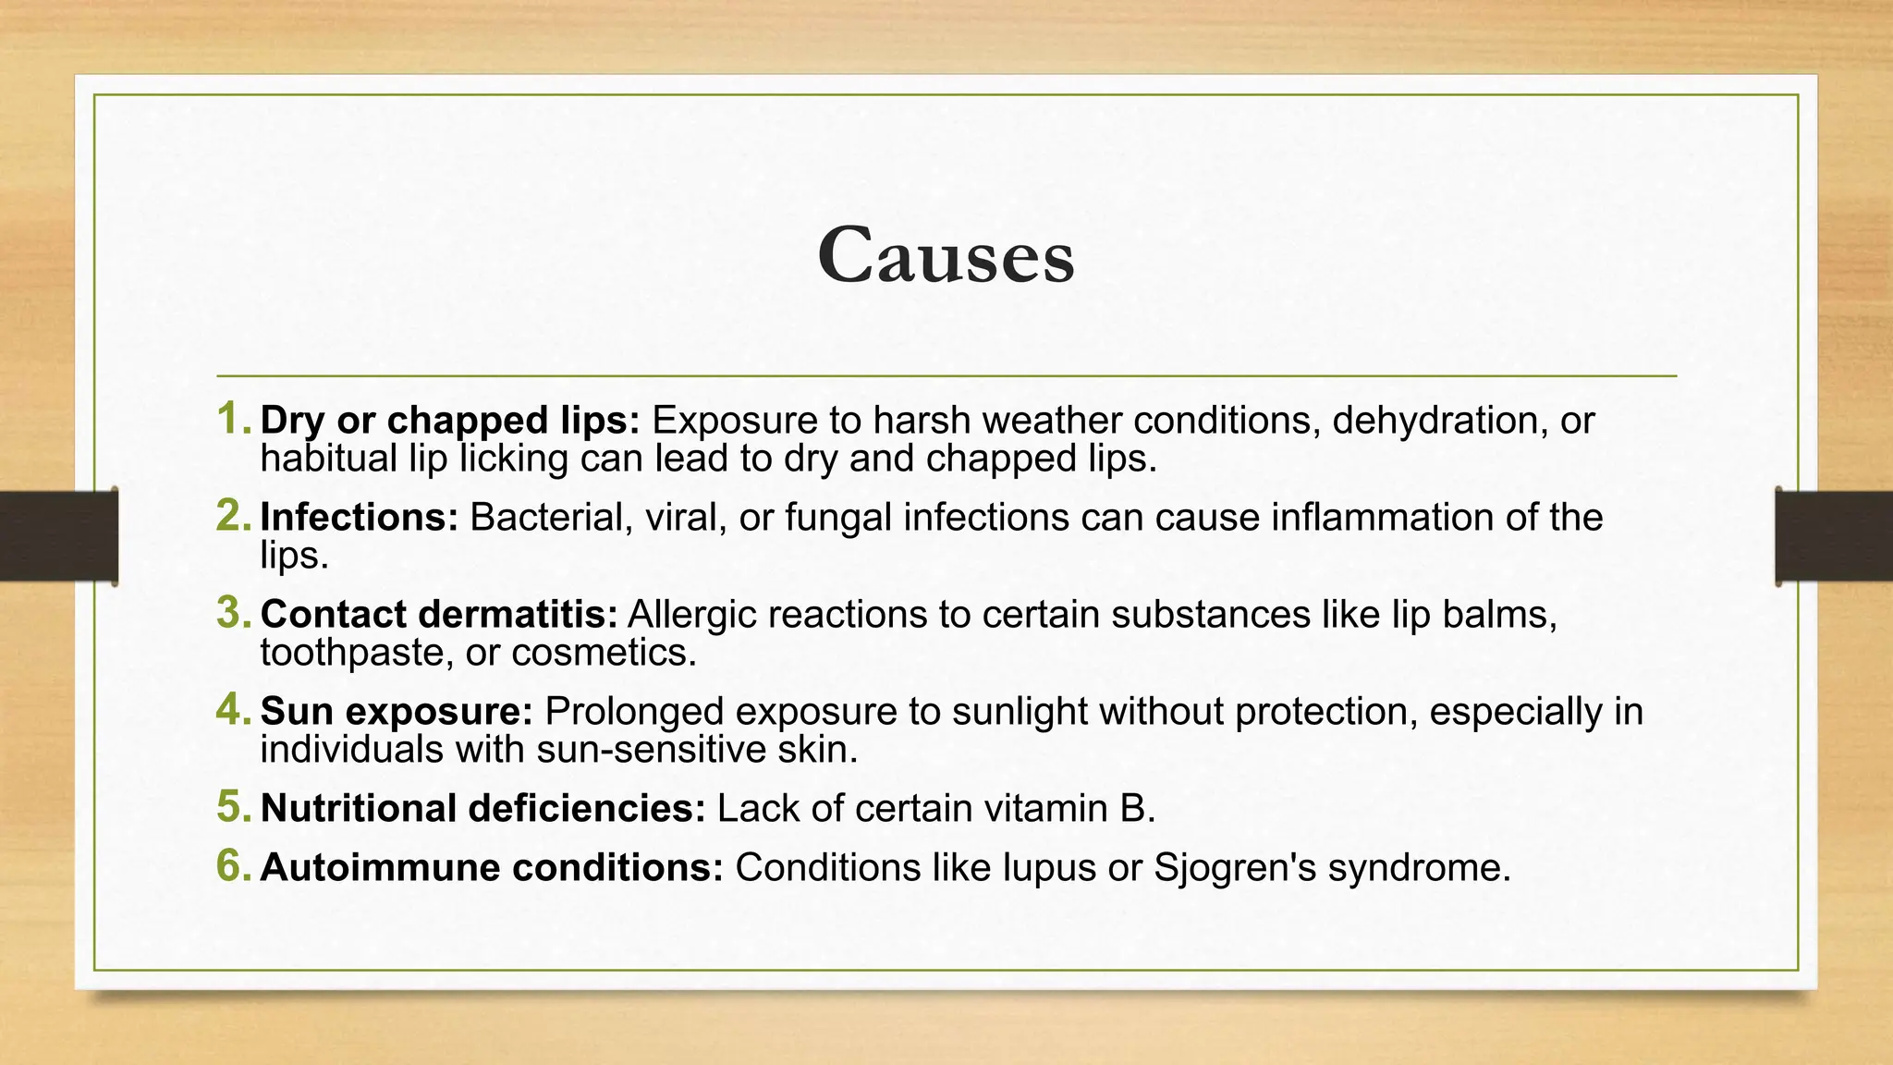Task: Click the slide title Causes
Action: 946,255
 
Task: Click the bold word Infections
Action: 359,517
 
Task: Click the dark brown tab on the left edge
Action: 58,536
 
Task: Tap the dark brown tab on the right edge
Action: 1834,536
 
